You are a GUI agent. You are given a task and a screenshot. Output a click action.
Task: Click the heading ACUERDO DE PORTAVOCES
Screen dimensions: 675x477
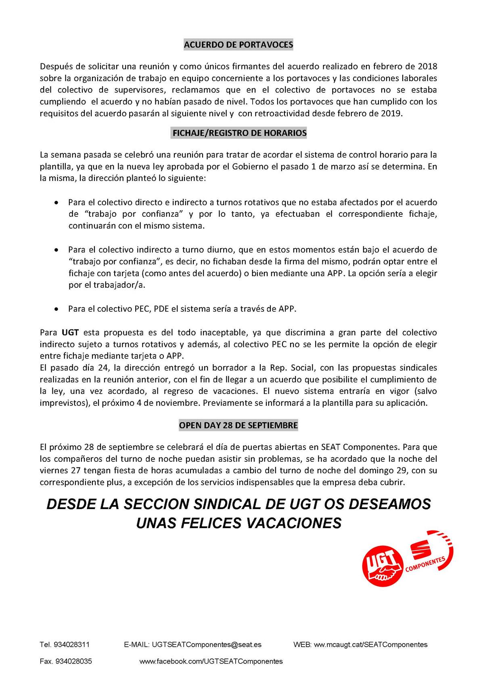coord(238,45)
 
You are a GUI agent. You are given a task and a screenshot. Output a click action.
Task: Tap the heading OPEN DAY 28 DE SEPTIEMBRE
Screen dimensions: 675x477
coord(238,425)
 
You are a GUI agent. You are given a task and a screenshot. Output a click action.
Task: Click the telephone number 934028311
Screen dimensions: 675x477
coord(71,645)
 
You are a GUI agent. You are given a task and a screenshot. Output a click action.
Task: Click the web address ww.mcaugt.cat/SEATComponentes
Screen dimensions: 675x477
coord(370,645)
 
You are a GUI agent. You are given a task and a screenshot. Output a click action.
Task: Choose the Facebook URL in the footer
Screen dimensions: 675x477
coord(211,661)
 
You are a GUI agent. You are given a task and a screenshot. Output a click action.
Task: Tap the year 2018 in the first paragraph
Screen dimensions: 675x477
coord(427,66)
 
